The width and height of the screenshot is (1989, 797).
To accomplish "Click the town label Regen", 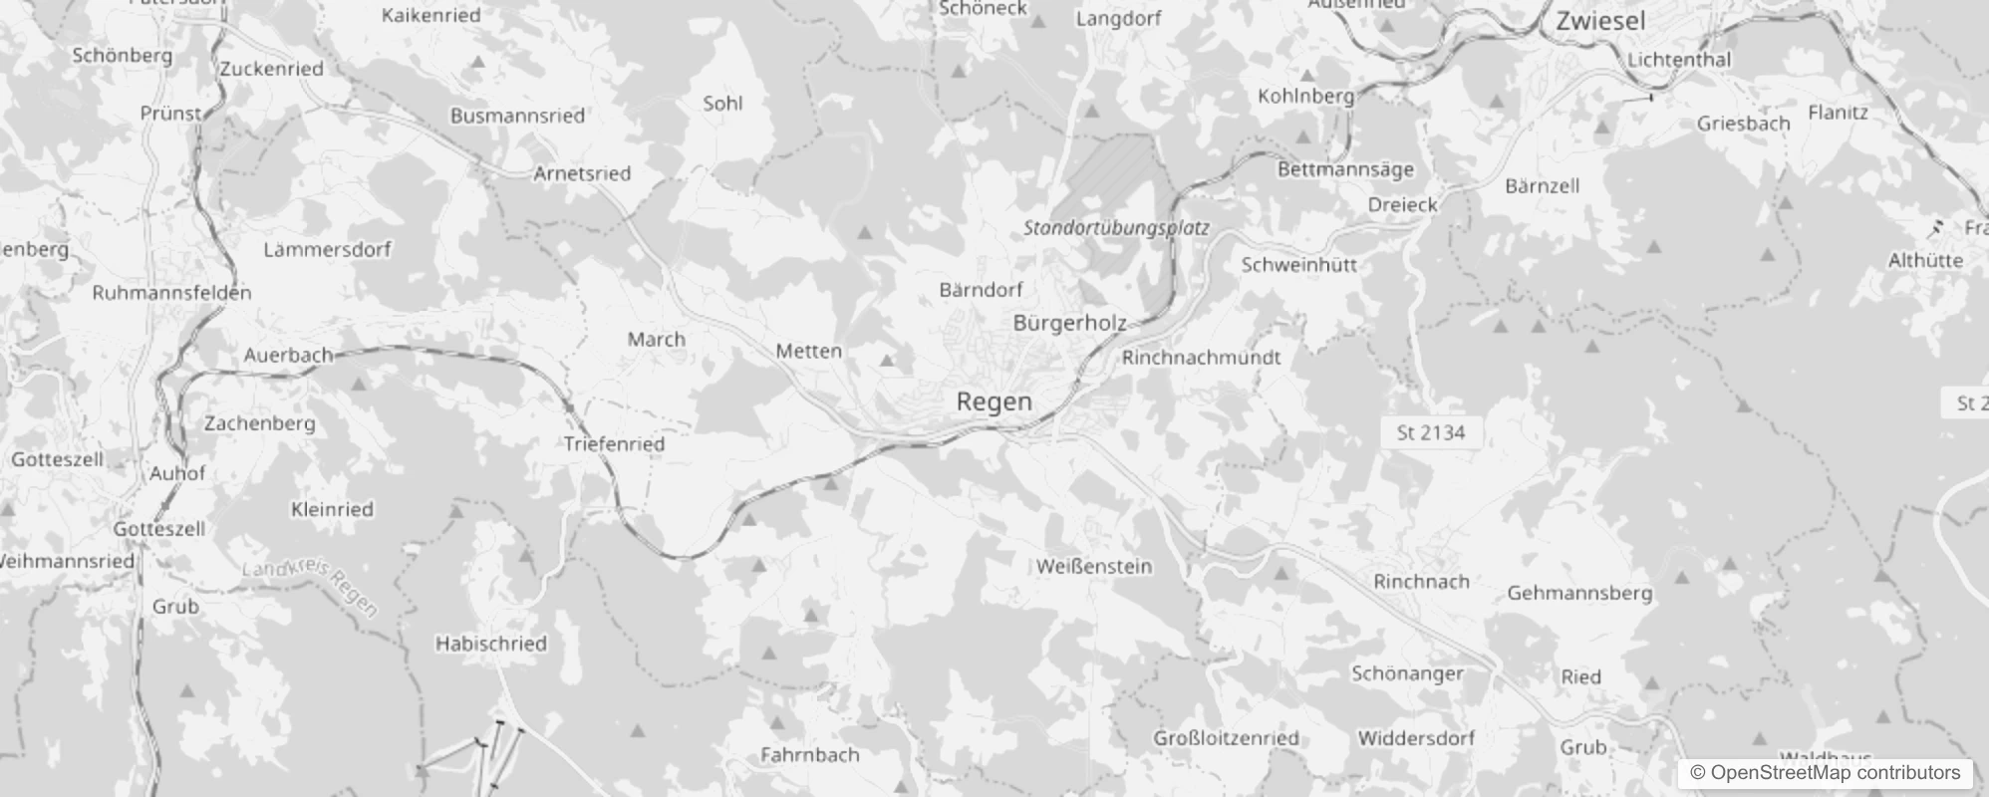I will pos(994,401).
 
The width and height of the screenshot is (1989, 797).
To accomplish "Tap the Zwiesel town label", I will pos(1600,20).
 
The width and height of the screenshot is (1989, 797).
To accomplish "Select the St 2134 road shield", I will pos(1430,432).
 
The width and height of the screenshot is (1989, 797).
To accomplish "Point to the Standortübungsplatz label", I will pos(1116,228).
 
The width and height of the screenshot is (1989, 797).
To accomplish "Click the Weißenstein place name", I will pos(1093,566).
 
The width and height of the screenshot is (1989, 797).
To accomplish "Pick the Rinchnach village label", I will pos(1421,581).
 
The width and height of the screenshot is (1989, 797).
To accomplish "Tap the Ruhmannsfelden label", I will pos(171,293).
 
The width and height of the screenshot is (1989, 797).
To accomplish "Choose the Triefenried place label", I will pos(614,444).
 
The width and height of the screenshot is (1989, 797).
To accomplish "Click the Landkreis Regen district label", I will pos(311,588).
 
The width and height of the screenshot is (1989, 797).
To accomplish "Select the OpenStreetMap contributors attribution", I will pos(1825,773).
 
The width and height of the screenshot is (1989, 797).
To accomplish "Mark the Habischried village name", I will pos(490,644).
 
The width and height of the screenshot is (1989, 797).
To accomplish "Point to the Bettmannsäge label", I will pos(1345,169).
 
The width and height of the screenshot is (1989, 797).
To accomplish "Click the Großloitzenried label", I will pos(1226,738).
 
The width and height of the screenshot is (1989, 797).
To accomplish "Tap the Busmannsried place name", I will pos(517,116).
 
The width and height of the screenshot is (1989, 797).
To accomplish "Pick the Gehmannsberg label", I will pos(1579,594).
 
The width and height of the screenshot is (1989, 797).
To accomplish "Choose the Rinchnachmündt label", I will pos(1201,358).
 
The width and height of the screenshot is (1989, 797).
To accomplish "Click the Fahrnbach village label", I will pos(809,755).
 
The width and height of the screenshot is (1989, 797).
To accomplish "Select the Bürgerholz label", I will pos(1069,323).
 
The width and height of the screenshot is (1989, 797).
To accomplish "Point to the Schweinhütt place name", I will pos(1298,265).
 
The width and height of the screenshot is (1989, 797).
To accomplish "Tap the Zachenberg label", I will pos(259,423).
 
